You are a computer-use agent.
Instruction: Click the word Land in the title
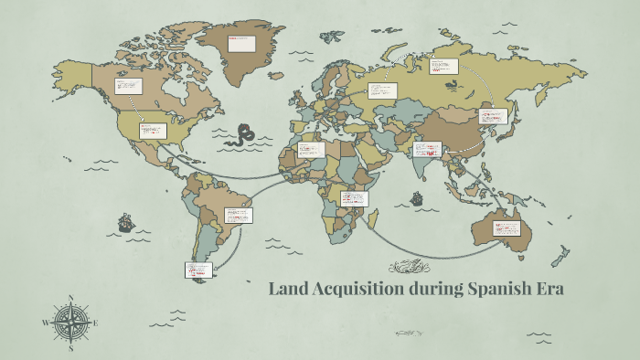click(x=288, y=290)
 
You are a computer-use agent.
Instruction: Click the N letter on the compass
click(x=71, y=298)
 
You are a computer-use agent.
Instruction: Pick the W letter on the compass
click(x=45, y=323)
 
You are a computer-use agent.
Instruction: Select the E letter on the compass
click(x=97, y=323)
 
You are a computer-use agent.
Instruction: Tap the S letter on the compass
click(x=71, y=348)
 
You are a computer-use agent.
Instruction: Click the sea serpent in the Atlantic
click(x=245, y=135)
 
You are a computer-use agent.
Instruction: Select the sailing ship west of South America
click(x=125, y=222)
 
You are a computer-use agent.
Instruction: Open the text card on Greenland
click(x=241, y=43)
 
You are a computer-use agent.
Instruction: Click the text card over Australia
click(x=507, y=228)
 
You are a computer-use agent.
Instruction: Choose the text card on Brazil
click(x=238, y=216)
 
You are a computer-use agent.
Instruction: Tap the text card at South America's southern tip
click(x=198, y=270)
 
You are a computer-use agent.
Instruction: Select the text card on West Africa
click(x=311, y=149)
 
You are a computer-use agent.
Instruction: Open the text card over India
click(x=428, y=148)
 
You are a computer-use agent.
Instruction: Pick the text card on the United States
click(x=153, y=131)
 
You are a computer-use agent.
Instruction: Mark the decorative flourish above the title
click(x=409, y=267)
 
